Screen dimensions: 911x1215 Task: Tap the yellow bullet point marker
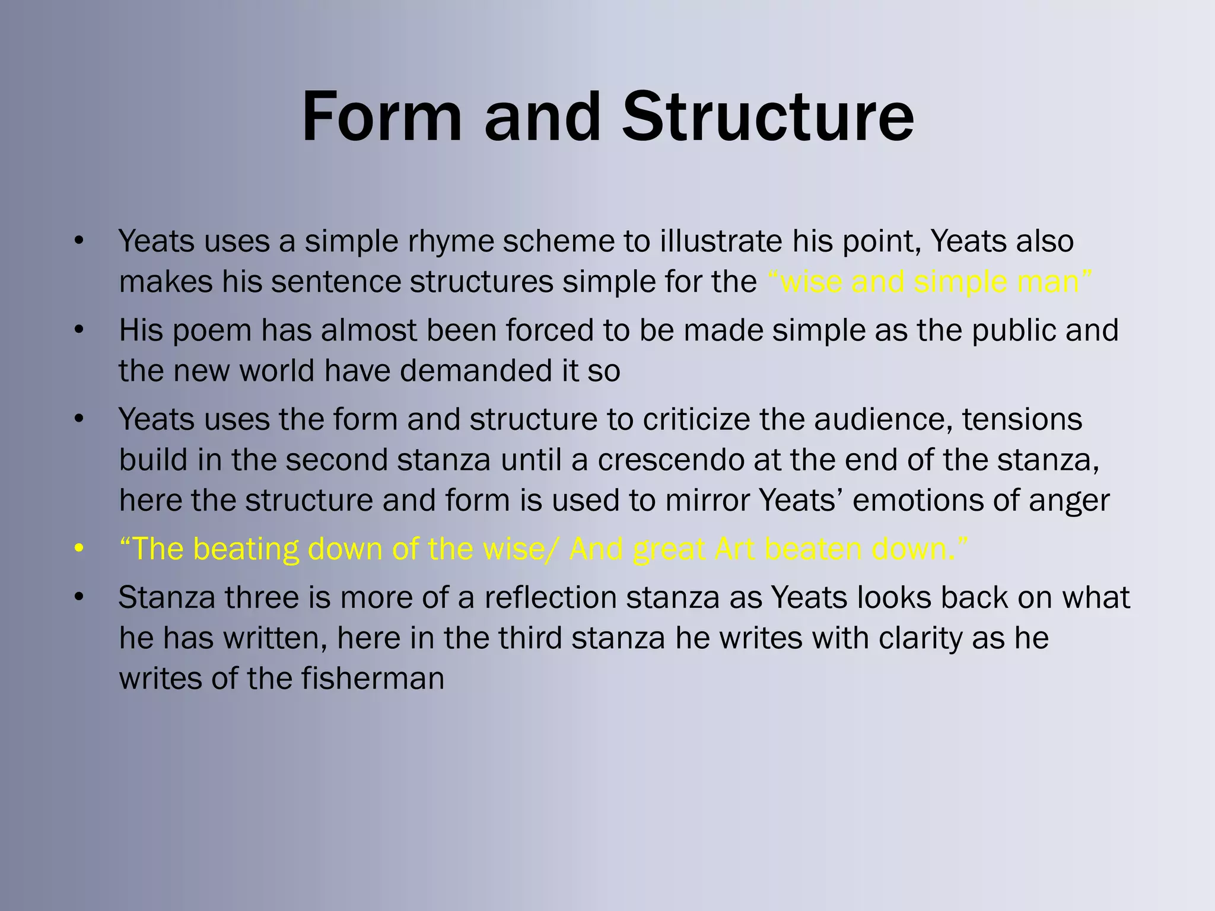[x=79, y=549]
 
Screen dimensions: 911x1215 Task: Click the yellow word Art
[x=735, y=549]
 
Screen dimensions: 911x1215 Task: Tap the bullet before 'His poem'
[x=79, y=330]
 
